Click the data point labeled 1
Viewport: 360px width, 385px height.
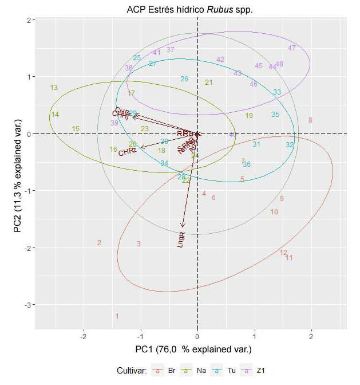117,316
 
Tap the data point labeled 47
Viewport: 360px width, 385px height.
292,48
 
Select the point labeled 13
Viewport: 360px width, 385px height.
54,88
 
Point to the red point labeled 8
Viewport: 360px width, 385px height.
310,120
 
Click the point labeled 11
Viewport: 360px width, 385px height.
289,258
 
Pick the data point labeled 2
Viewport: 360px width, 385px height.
99,243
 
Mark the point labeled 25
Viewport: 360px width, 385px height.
137,58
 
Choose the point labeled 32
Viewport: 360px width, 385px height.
290,145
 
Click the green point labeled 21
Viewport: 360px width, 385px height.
209,82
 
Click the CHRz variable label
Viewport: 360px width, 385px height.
127,152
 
